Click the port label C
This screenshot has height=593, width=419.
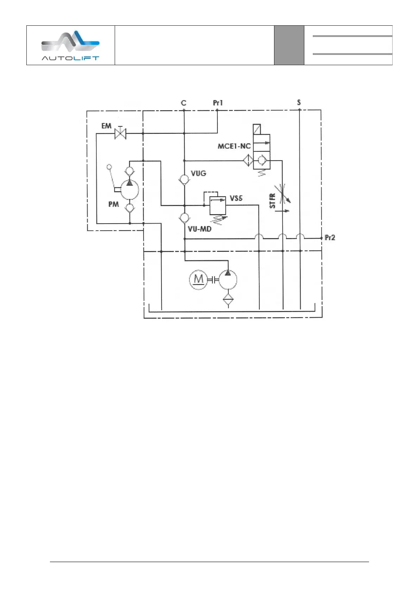tap(184, 103)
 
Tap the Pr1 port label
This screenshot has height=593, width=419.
tap(218, 103)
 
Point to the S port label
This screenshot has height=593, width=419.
tap(299, 102)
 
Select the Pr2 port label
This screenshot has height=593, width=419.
tap(330, 238)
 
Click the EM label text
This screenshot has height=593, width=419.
tap(106, 126)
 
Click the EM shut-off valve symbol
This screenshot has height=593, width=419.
tap(121, 133)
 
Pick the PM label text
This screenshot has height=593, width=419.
tap(113, 204)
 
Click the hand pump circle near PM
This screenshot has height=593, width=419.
tap(130, 190)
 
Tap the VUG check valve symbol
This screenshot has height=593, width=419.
tap(184, 179)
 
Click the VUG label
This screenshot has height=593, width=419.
tap(198, 173)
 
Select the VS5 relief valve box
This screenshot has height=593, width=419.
tap(218, 205)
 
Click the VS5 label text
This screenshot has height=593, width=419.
tap(236, 198)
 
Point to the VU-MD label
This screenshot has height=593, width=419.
tap(199, 229)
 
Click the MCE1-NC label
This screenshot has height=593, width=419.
tap(234, 146)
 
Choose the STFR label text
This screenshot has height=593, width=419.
tap(272, 201)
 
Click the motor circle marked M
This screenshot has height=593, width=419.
tap(199, 280)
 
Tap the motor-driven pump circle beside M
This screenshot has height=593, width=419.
tap(228, 280)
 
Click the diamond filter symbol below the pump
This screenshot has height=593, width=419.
tap(228, 300)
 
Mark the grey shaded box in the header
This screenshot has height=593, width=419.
tap(289, 45)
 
